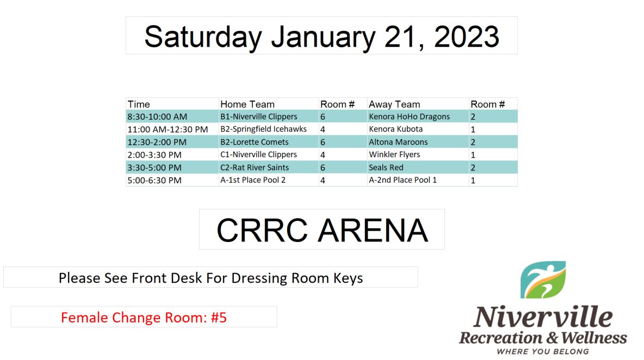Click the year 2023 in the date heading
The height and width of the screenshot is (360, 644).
467,36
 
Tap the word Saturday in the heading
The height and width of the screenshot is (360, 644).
203,37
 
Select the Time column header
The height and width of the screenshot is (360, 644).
139,104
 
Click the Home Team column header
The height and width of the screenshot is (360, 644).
247,104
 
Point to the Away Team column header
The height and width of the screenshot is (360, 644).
394,104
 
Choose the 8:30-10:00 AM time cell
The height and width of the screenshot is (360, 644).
157,116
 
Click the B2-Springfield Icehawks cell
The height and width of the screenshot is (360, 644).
263,129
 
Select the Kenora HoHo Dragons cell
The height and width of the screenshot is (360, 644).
409,116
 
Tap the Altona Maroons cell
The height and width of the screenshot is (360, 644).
398,142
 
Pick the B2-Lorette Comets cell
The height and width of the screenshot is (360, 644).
254,142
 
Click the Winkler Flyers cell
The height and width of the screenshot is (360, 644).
394,154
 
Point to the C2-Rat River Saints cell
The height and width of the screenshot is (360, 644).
255,167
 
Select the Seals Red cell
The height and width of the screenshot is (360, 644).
386,167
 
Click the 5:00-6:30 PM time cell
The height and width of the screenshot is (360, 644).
154,180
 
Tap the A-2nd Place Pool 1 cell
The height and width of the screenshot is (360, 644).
403,180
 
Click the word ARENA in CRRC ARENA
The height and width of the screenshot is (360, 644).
373,230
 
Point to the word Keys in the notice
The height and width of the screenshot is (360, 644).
348,278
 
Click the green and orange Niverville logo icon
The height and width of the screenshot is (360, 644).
543,280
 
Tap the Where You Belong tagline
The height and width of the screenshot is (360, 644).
543,351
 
